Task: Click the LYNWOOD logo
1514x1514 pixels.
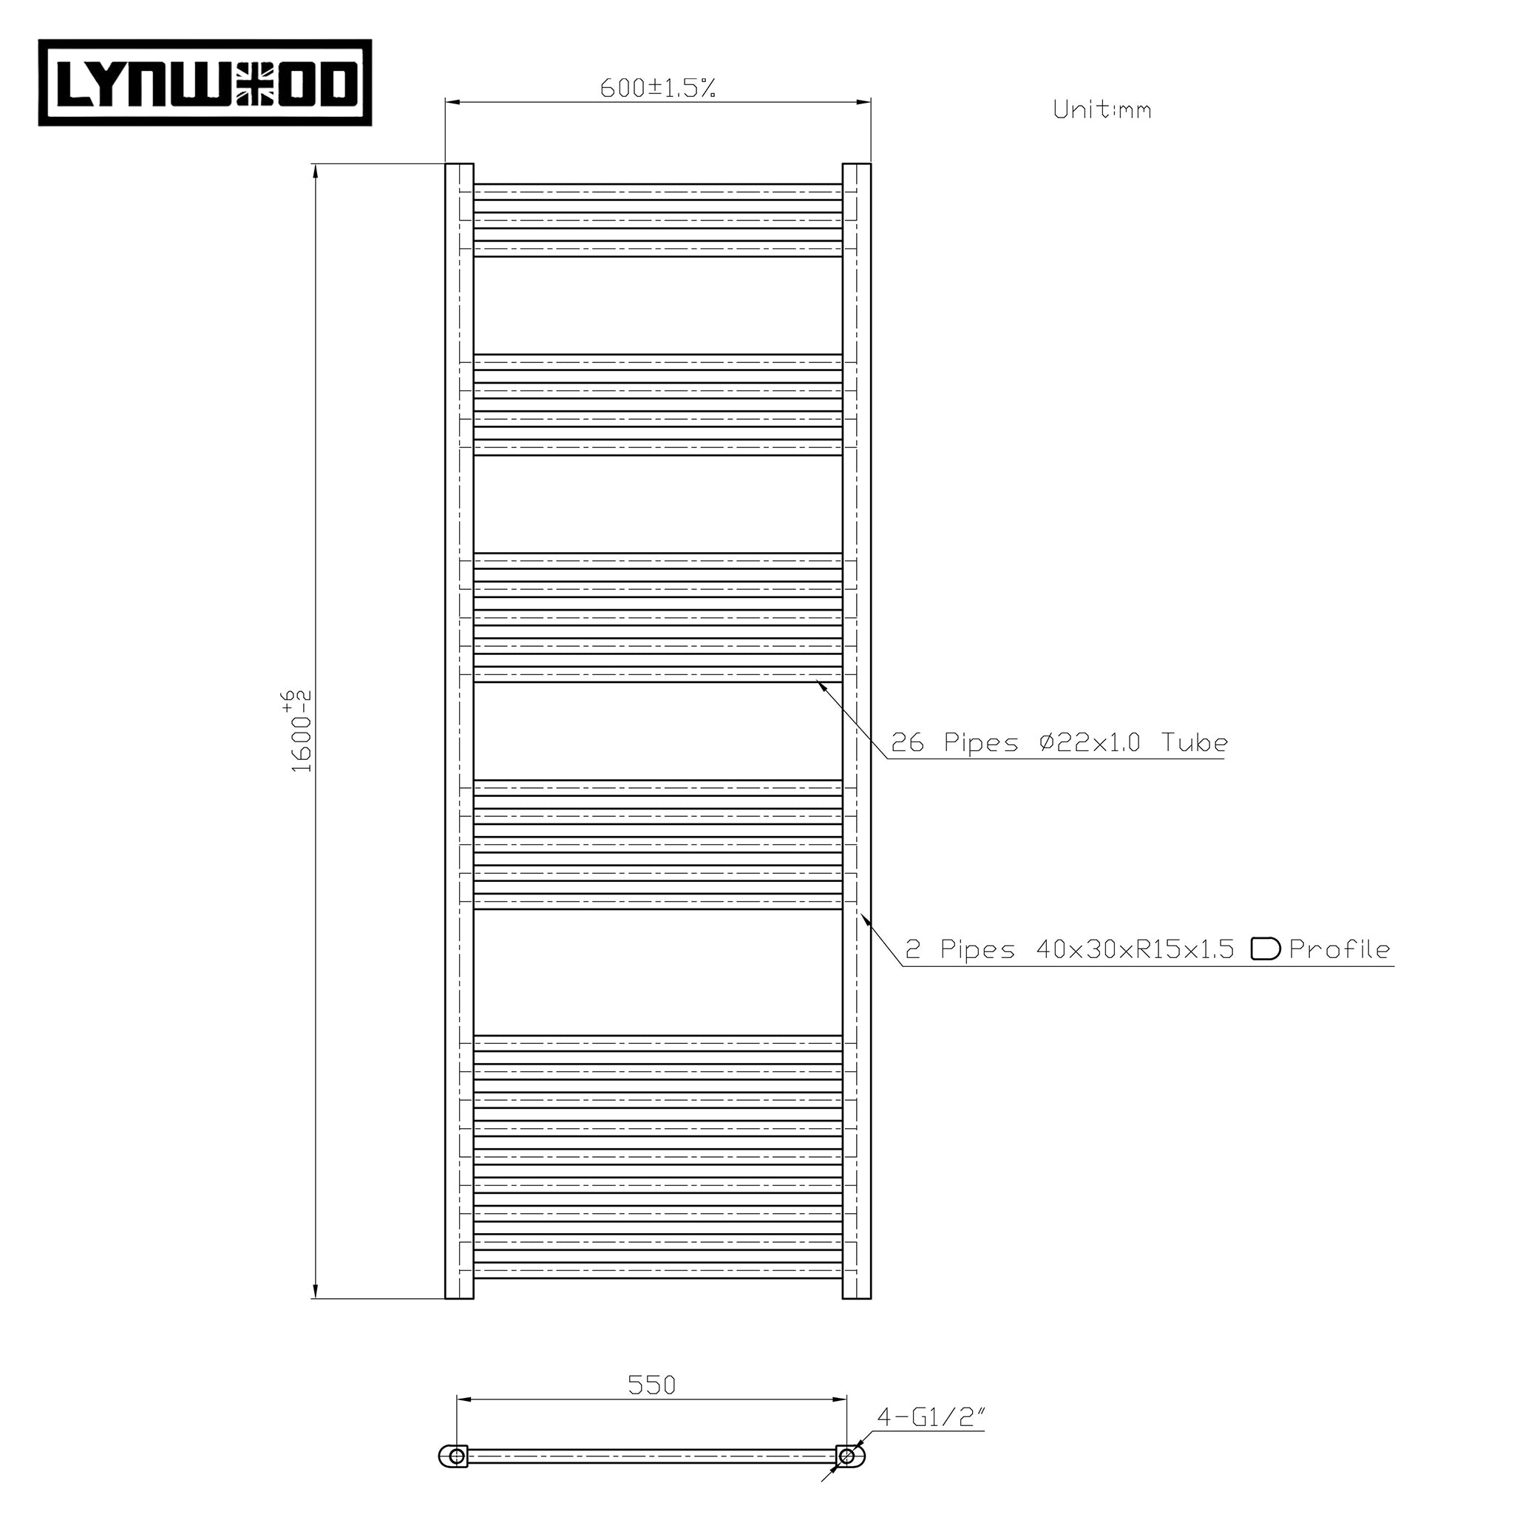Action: pos(206,83)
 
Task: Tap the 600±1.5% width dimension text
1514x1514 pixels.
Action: pos(657,88)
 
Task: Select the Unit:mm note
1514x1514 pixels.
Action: pos(1101,109)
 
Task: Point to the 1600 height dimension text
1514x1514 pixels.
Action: pos(301,730)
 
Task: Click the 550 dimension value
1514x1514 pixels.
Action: pos(651,1385)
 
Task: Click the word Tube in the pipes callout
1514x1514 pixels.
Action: pos(1195,742)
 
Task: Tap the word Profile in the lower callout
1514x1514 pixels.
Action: pos(1340,950)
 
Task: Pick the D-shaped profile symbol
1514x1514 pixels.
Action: pos(1265,949)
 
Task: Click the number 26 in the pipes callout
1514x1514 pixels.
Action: pos(908,742)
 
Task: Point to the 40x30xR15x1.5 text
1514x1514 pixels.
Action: pos(1135,950)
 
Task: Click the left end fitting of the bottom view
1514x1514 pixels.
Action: pos(455,1456)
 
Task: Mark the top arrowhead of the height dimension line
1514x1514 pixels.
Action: pos(315,170)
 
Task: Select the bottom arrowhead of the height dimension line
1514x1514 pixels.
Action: pos(315,1292)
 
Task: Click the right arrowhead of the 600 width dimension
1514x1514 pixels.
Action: pos(866,102)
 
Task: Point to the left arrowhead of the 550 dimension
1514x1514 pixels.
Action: pos(462,1399)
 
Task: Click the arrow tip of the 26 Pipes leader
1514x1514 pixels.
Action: pos(819,682)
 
